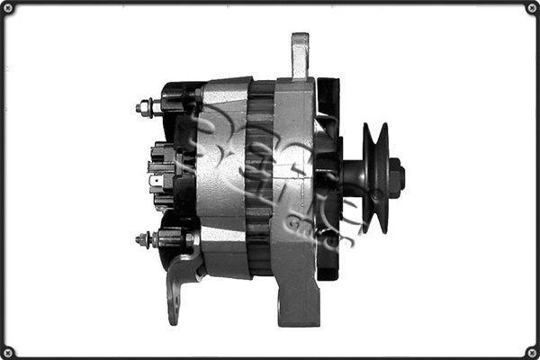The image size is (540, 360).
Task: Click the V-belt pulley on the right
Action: click(377, 177)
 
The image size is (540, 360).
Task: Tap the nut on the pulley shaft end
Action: click(397, 175)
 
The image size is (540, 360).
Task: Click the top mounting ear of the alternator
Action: click(300, 55)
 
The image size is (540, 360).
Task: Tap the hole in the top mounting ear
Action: click(300, 45)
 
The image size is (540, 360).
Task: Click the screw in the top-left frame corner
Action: click(8, 8)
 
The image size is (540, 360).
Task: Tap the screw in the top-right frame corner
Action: click(531, 8)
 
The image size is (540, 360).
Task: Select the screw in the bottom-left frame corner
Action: click(8, 351)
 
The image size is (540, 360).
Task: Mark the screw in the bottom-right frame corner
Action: click(531, 351)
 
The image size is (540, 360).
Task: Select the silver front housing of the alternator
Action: click(294, 180)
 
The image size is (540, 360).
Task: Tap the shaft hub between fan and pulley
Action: click(353, 176)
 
